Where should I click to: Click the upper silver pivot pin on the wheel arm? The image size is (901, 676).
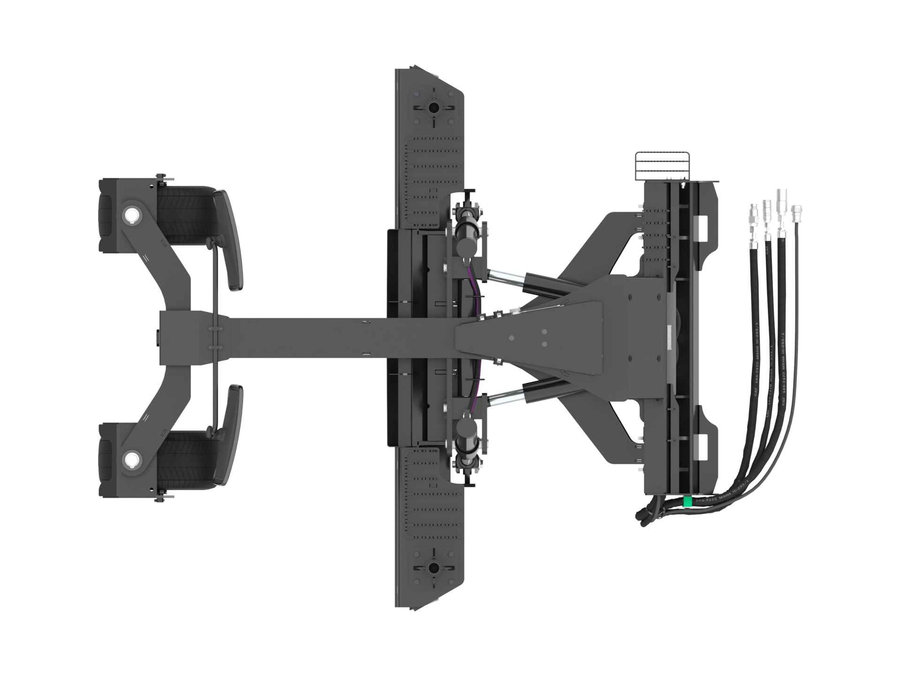tap(130, 215)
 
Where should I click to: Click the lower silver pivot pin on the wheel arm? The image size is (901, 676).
tap(130, 460)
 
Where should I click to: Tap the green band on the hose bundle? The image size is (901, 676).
tap(688, 502)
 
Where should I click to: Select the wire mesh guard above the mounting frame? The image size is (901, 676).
tap(662, 165)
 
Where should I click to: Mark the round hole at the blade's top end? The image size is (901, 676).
tap(433, 108)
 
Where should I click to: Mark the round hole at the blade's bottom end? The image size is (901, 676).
tap(433, 568)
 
